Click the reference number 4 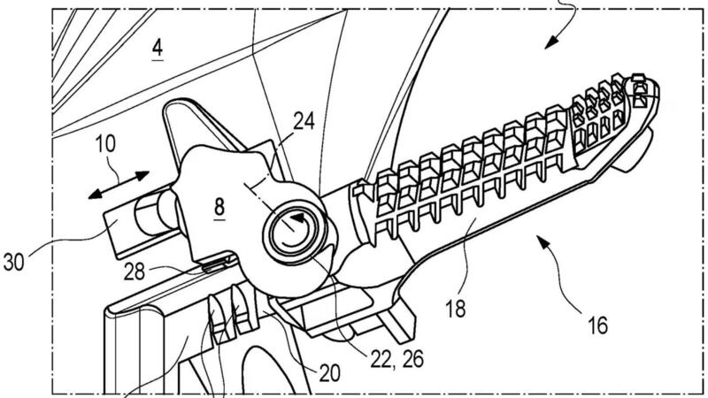pyautogui.click(x=158, y=48)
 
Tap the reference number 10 pyautogui.click(x=105, y=144)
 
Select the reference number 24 pyautogui.click(x=304, y=121)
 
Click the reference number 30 pyautogui.click(x=14, y=262)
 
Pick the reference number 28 pyautogui.click(x=135, y=272)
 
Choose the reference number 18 pyautogui.click(x=455, y=309)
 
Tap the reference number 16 pyautogui.click(x=598, y=325)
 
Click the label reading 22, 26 pyautogui.click(x=397, y=359)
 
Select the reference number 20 pyautogui.click(x=329, y=372)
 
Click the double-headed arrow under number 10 pyautogui.click(x=119, y=185)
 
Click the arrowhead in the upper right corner pyautogui.click(x=551, y=43)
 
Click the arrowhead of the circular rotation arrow pyautogui.click(x=297, y=218)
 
